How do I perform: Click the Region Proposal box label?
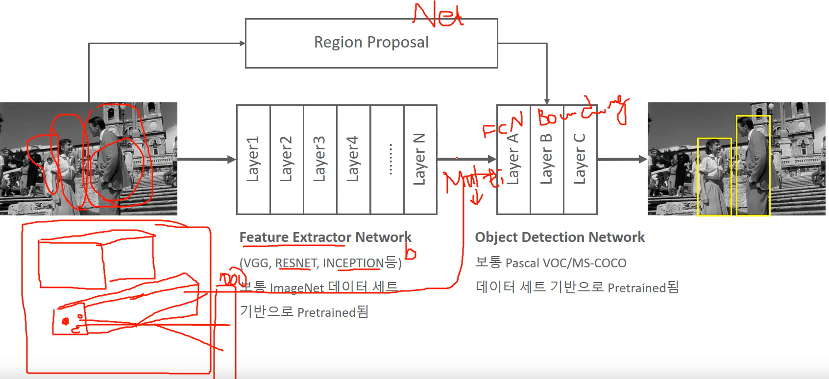pyautogui.click(x=371, y=43)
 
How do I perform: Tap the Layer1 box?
pyautogui.click(x=253, y=159)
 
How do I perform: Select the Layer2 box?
pyautogui.click(x=287, y=159)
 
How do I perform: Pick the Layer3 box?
pyautogui.click(x=320, y=159)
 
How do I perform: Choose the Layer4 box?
pyautogui.click(x=353, y=159)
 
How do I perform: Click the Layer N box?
pyautogui.click(x=420, y=159)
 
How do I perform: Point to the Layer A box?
pyautogui.click(x=513, y=159)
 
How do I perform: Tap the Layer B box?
pyautogui.click(x=546, y=159)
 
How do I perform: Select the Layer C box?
pyautogui.click(x=580, y=159)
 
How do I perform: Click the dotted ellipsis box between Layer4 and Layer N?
pyautogui.click(x=387, y=159)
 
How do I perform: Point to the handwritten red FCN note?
pyautogui.click(x=503, y=125)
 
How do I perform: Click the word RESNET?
pyautogui.click(x=296, y=263)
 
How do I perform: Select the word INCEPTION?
pyautogui.click(x=353, y=263)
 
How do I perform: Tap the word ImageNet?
pyautogui.click(x=296, y=288)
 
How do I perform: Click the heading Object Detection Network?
pyautogui.click(x=560, y=237)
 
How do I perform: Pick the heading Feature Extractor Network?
pyautogui.click(x=325, y=237)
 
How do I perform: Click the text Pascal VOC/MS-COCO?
pyautogui.click(x=565, y=263)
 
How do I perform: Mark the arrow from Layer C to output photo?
pyautogui.click(x=622, y=159)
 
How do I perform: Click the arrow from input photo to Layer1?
pyautogui.click(x=206, y=159)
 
